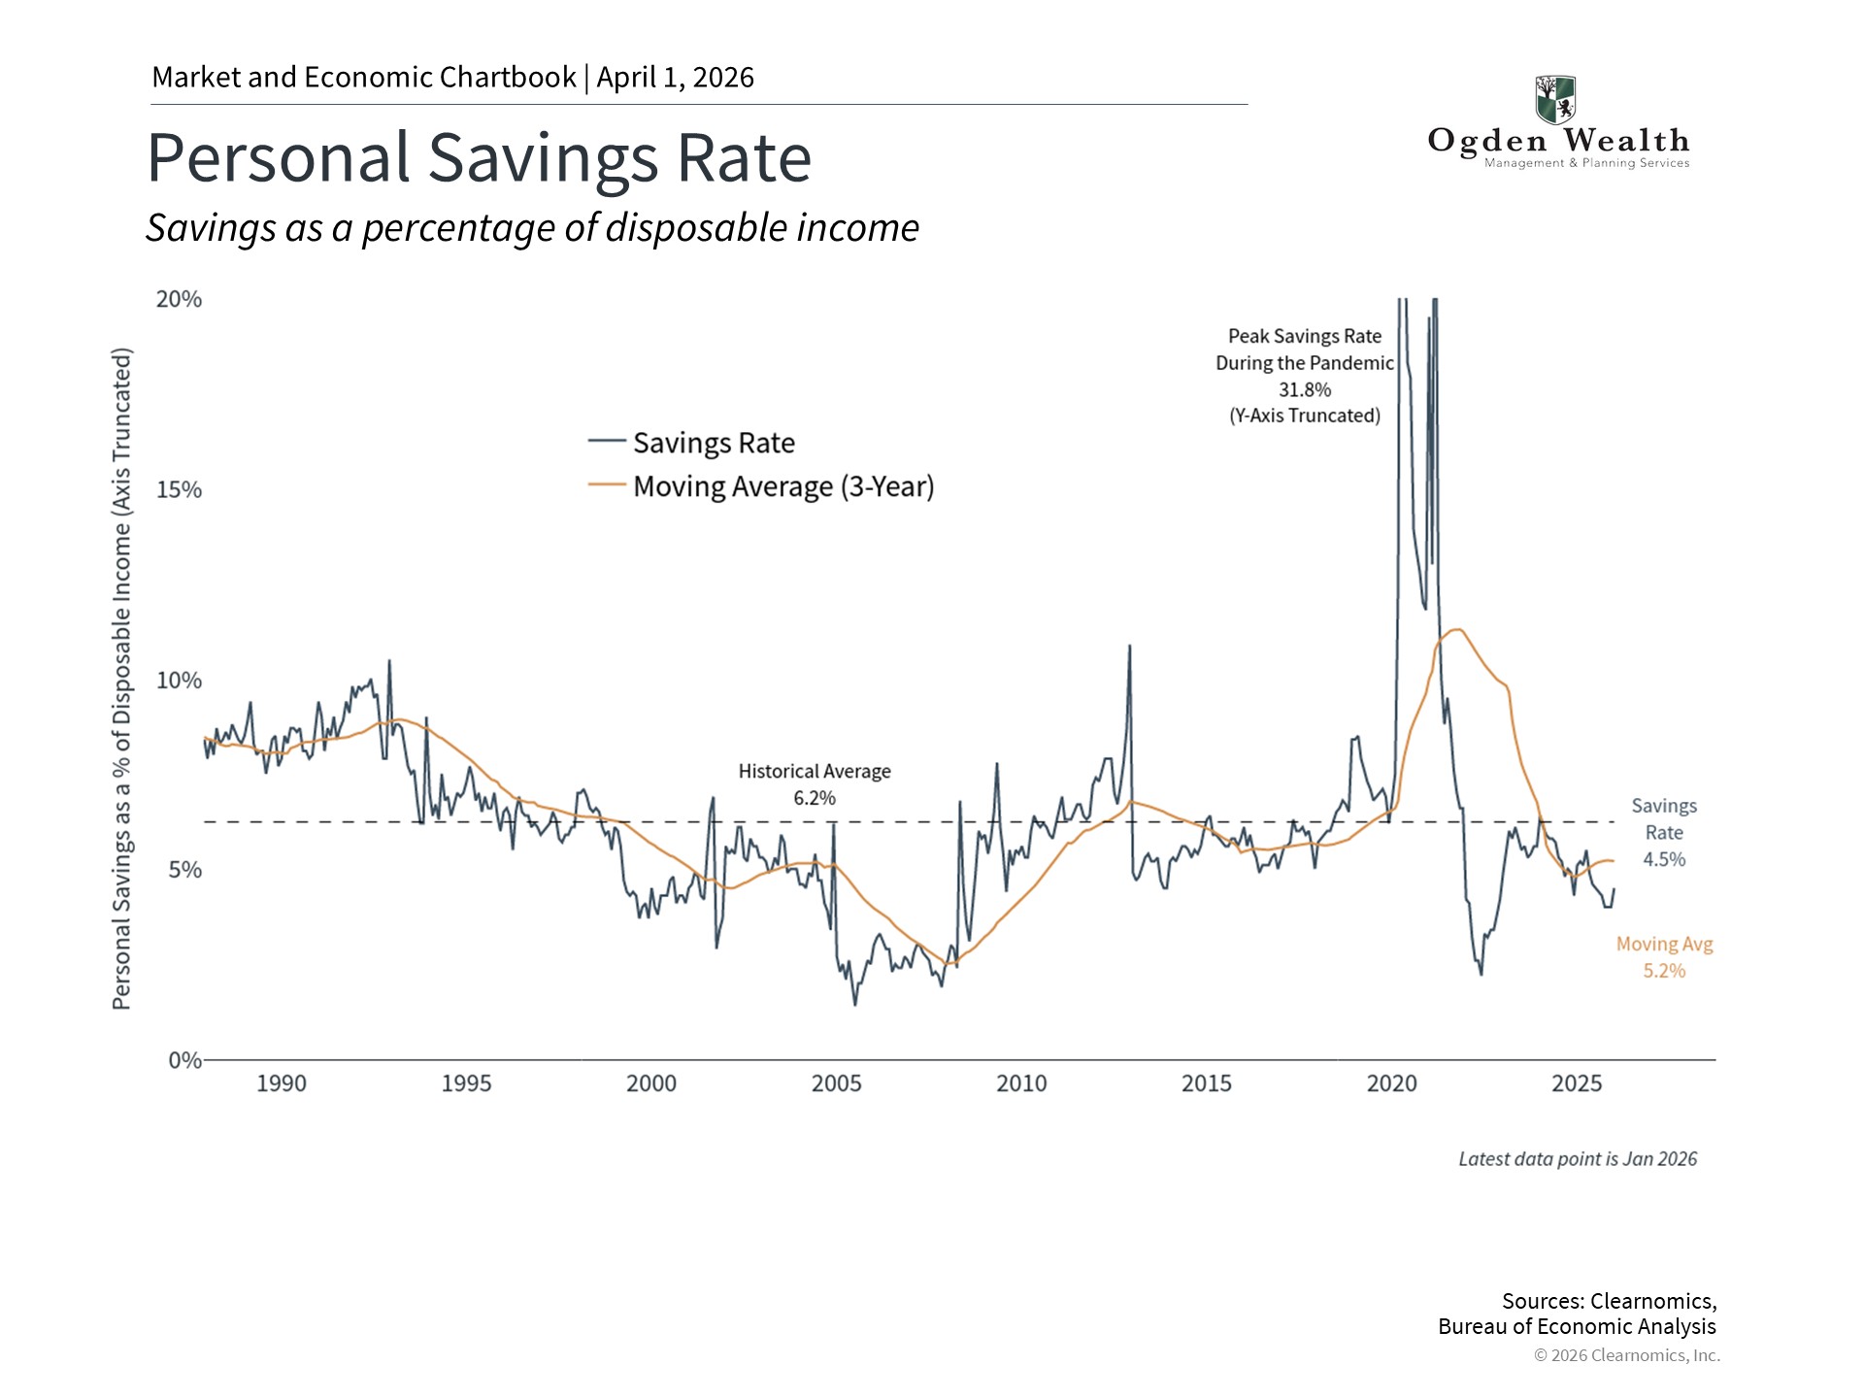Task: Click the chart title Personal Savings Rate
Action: [479, 158]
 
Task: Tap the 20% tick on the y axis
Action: [179, 299]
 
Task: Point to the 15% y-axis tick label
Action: [179, 489]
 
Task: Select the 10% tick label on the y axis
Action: [179, 680]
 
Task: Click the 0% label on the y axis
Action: [184, 1060]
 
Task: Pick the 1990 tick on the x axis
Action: [282, 1083]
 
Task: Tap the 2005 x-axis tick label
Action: [836, 1083]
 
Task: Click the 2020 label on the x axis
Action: [1391, 1083]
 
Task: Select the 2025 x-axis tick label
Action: [1577, 1083]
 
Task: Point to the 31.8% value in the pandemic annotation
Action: [1304, 389]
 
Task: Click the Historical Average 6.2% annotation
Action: [815, 784]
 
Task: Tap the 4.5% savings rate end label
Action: [1664, 859]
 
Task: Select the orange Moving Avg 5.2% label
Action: [1664, 957]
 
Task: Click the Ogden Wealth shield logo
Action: [1555, 99]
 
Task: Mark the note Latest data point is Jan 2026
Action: [1578, 1159]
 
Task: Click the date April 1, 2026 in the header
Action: [676, 78]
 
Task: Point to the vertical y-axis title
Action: [121, 679]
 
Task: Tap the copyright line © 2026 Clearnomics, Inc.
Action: [1626, 1355]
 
